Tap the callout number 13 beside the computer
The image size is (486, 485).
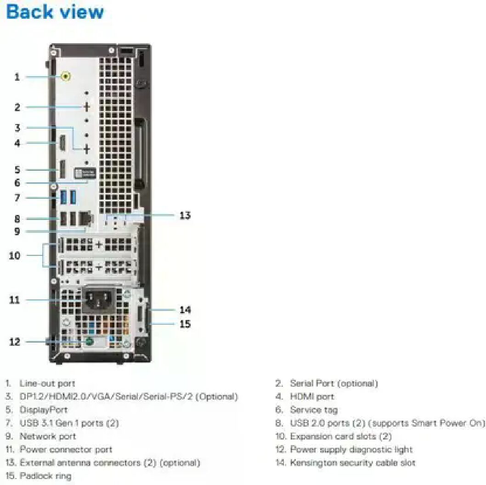click(x=185, y=215)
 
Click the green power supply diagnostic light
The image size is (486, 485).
click(x=90, y=342)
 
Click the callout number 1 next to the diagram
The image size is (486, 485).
click(x=17, y=77)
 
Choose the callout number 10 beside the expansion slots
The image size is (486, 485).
click(x=15, y=255)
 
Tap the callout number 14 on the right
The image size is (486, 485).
click(x=185, y=310)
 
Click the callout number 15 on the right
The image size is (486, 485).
click(x=185, y=324)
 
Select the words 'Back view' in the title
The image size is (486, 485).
click(x=55, y=12)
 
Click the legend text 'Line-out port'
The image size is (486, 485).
click(x=47, y=383)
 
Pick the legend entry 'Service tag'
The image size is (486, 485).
click(x=313, y=410)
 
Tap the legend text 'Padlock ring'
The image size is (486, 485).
click(x=45, y=476)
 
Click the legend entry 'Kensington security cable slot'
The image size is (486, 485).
click(x=352, y=462)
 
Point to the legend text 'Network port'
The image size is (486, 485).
click(x=48, y=436)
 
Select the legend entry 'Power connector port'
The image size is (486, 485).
click(x=66, y=450)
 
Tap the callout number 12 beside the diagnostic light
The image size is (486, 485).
click(x=15, y=342)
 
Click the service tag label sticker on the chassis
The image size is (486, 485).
click(x=85, y=173)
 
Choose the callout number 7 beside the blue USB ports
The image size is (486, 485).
click(x=17, y=198)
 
